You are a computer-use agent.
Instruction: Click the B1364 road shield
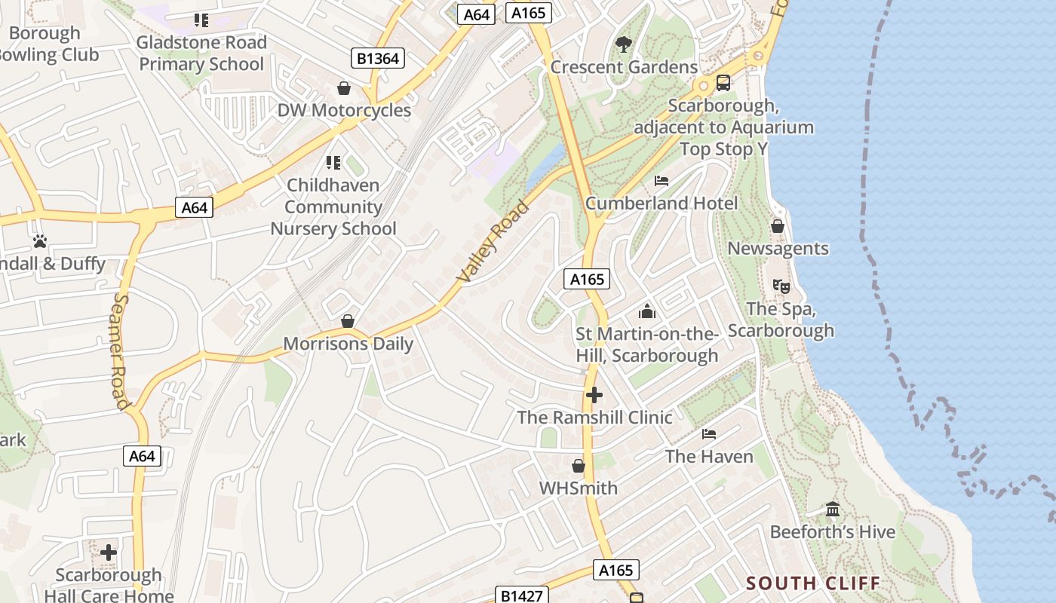[x=378, y=58]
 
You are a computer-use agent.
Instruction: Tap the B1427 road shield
[x=521, y=595]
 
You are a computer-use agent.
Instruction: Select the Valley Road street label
[x=494, y=242]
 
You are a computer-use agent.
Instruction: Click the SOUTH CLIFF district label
[x=813, y=583]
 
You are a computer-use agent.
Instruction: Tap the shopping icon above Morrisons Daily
[x=348, y=322]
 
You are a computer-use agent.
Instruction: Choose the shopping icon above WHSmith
[x=579, y=466]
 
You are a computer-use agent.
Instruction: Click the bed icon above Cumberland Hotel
[x=662, y=181]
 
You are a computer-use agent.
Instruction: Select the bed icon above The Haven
[x=709, y=434]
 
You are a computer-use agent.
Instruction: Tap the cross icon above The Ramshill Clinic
[x=594, y=395]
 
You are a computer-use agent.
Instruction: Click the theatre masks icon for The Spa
[x=781, y=286]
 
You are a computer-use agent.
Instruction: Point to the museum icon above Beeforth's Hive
[x=833, y=510]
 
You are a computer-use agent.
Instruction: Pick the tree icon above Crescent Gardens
[x=623, y=44]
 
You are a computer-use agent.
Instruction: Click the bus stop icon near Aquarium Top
[x=723, y=83]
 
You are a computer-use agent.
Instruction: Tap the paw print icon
[x=39, y=241]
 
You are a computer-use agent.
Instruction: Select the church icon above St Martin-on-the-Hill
[x=647, y=311]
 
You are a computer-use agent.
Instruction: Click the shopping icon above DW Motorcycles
[x=344, y=88]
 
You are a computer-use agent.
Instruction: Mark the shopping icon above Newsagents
[x=778, y=226]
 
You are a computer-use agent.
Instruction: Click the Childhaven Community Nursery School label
[x=333, y=207]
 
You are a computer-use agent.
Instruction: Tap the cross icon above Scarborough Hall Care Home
[x=109, y=552]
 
